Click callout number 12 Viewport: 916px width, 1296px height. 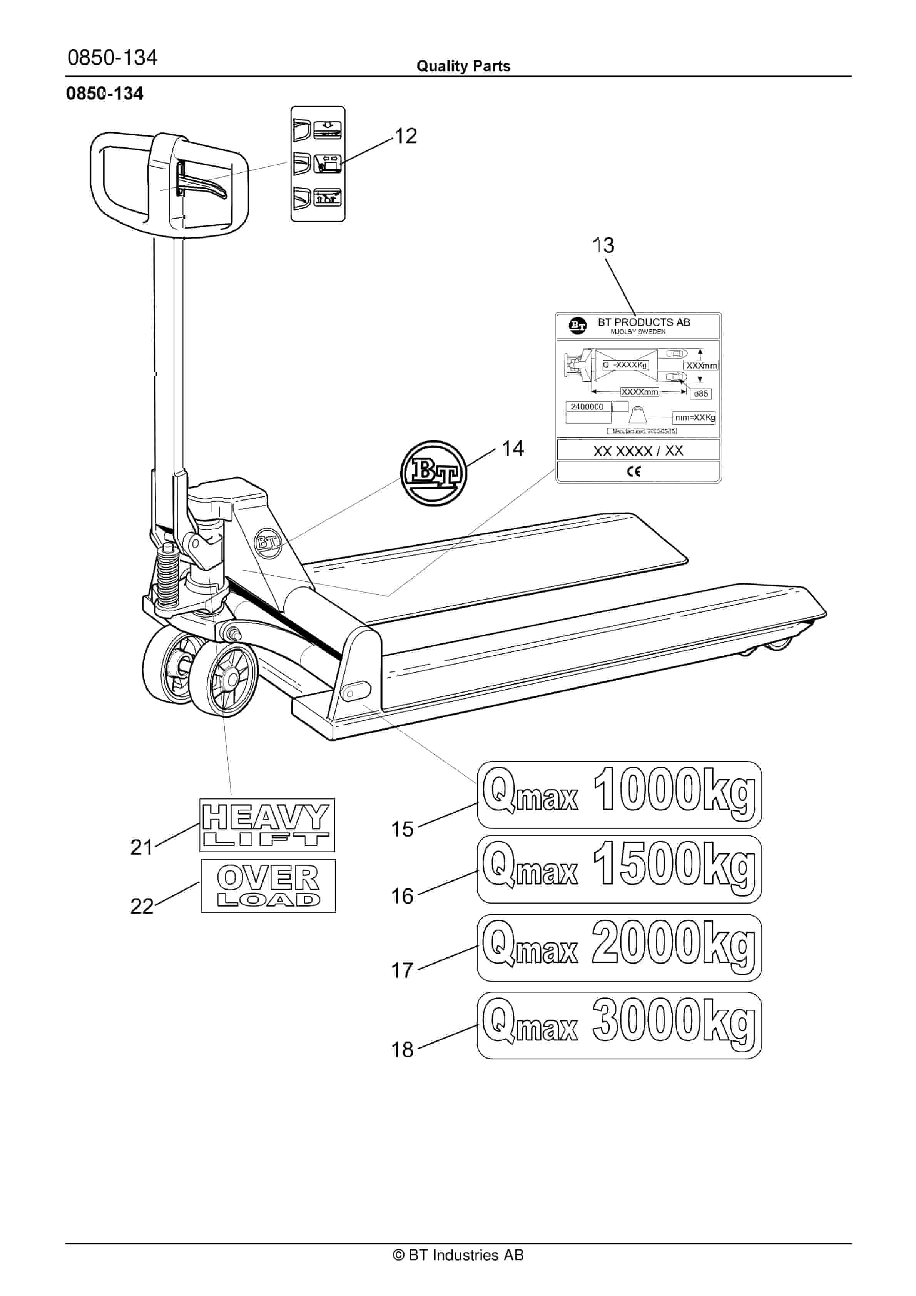(406, 136)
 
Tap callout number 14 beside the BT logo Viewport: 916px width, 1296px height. (513, 448)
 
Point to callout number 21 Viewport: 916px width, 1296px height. (142, 847)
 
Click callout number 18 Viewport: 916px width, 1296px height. (402, 1049)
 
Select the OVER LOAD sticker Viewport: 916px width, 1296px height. (268, 886)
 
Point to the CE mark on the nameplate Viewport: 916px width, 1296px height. (634, 471)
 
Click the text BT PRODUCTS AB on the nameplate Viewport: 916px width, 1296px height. (644, 322)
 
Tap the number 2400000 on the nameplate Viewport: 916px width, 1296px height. (587, 406)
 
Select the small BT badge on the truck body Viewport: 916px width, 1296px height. (268, 543)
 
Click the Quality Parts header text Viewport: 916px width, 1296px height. (463, 66)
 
